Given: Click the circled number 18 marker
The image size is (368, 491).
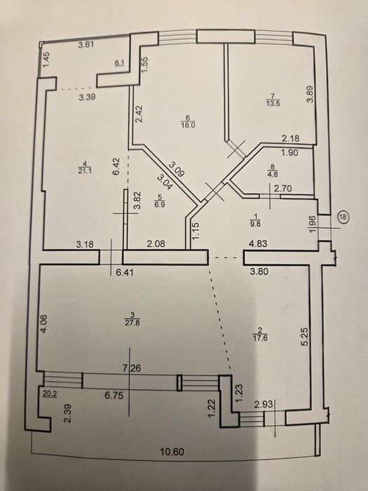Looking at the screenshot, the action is [x=344, y=217].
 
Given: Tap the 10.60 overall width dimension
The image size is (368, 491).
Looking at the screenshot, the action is [x=172, y=452].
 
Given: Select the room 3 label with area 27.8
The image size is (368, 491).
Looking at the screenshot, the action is [x=132, y=319].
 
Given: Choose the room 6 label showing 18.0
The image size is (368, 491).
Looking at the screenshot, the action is [x=188, y=121].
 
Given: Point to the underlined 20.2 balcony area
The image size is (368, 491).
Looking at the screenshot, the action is [x=50, y=394].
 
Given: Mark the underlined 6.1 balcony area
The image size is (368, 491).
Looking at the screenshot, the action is [x=120, y=63].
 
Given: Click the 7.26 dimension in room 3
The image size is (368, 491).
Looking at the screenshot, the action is [x=132, y=368].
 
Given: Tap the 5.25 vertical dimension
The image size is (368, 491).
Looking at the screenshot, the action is [x=305, y=336].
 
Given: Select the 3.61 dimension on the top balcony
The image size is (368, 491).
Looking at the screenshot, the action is [x=86, y=44].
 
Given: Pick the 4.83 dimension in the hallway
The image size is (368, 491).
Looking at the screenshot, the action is [x=258, y=243].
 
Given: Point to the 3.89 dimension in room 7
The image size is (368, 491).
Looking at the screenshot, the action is [x=310, y=94].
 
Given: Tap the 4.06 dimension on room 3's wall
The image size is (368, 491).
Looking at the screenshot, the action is [x=43, y=323].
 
